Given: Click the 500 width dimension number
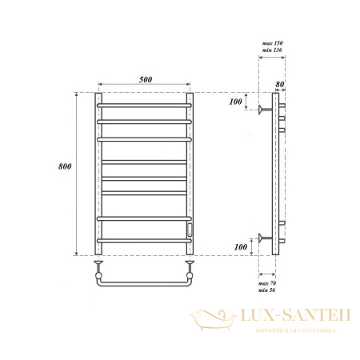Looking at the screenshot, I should click(145, 79).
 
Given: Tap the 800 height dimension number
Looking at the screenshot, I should click(66, 166).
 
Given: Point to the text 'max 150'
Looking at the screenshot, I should click(274, 42).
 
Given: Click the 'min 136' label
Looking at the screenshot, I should click(274, 50).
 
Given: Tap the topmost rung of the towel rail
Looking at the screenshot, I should click(145, 104).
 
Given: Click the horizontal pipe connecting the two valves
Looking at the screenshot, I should click(145, 284).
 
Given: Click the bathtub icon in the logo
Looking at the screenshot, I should click(214, 320).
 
